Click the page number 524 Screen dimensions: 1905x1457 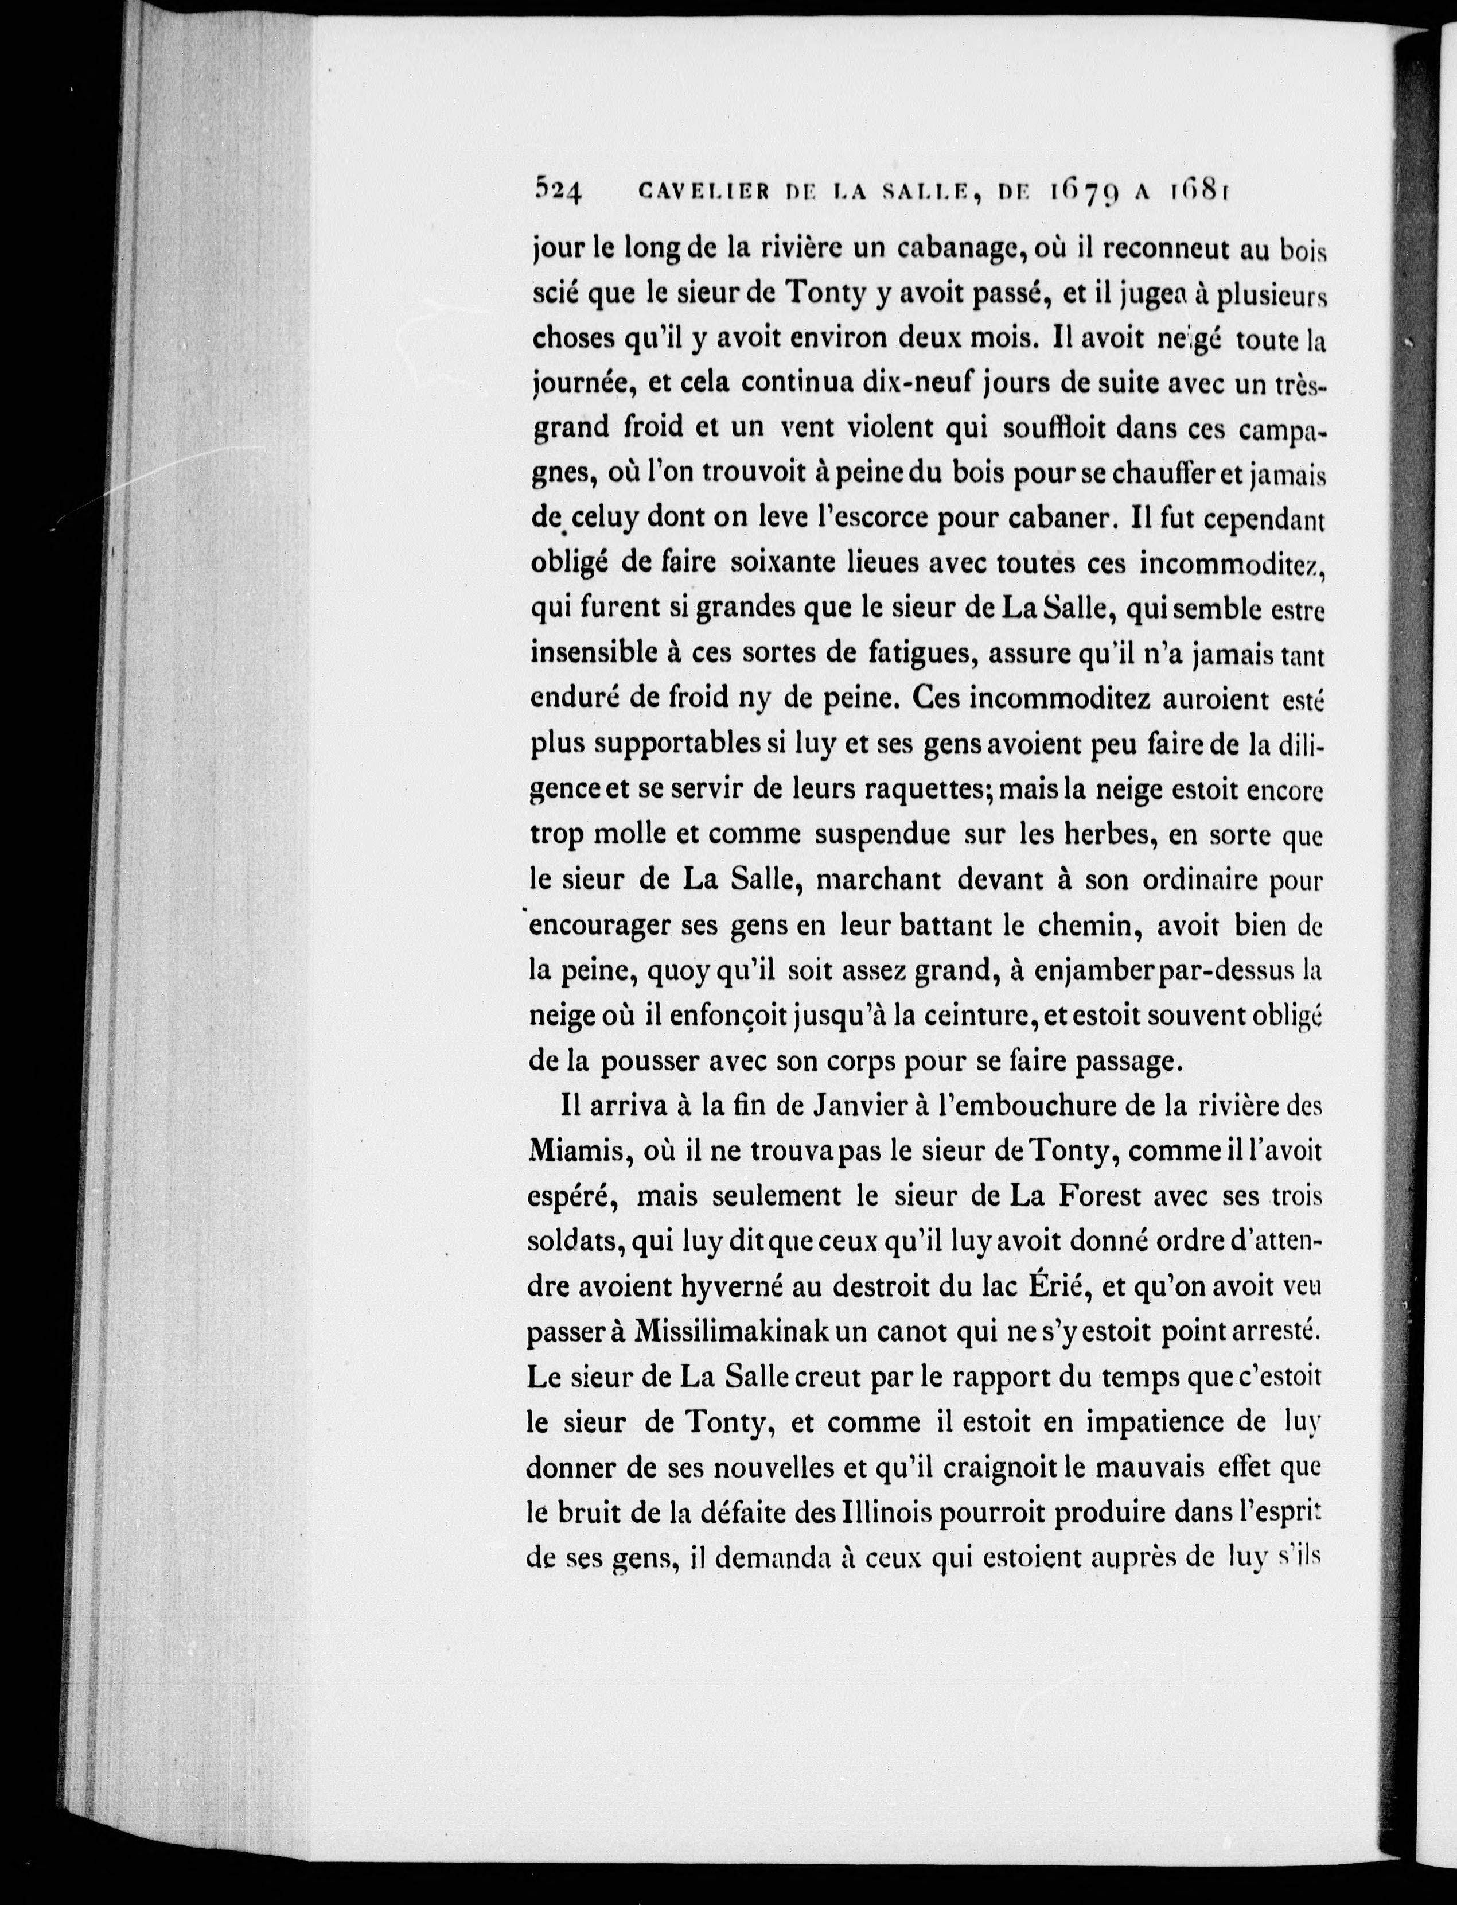[x=559, y=212]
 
